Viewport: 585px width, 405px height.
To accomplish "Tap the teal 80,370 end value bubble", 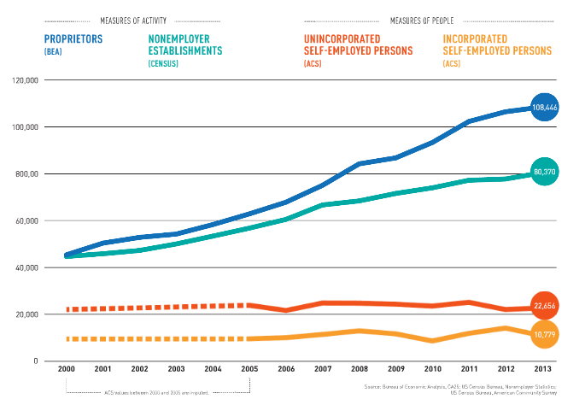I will pyautogui.click(x=544, y=172).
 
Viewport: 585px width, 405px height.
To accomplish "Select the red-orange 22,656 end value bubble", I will pyautogui.click(x=544, y=306).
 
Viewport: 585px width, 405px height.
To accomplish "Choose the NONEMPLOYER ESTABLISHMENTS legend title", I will pyautogui.click(x=185, y=44).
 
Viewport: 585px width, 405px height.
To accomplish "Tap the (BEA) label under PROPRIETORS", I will pyautogui.click(x=53, y=52).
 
